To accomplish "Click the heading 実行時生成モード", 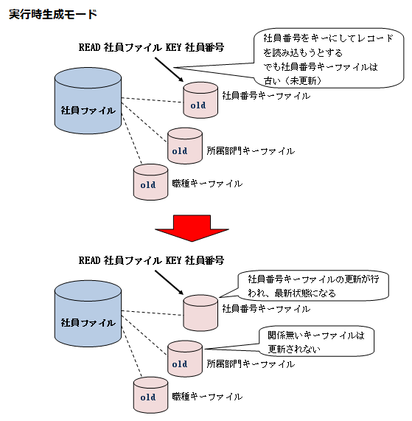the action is point(53,14).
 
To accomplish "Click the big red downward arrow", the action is point(192,229).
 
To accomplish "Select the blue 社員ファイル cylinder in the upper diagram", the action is point(88,101).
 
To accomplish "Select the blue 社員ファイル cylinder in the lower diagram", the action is point(88,313).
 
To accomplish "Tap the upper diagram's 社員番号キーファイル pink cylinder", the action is point(200,100).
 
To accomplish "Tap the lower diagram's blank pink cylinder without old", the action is point(200,313).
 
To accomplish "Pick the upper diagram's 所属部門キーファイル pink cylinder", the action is point(185,146).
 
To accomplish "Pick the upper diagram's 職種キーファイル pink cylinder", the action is point(151,182).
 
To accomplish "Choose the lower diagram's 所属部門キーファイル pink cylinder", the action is point(185,359).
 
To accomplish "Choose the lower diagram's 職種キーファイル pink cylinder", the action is point(151,395).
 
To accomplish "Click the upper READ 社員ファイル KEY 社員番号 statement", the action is point(151,47).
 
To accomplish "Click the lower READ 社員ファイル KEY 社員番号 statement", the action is point(151,260).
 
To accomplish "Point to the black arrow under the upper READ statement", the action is point(169,69).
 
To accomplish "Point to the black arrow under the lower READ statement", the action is point(169,282).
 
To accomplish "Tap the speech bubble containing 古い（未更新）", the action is point(329,58).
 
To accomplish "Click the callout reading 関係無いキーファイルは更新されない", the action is point(316,341).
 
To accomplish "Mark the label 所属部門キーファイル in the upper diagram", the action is point(251,151).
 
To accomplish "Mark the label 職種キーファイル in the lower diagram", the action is point(207,397).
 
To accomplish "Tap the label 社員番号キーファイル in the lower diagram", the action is point(266,309).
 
